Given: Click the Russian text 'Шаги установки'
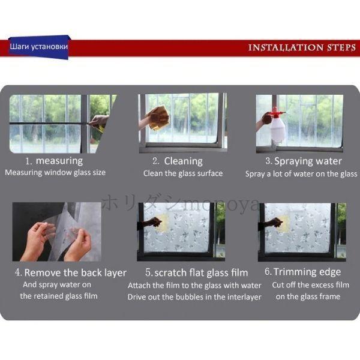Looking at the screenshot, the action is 39,47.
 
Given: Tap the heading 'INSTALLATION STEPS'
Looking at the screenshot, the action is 302,47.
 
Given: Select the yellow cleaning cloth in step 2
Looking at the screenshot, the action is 159,118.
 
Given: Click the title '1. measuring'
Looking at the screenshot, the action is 54,161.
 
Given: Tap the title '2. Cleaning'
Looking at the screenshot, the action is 178,161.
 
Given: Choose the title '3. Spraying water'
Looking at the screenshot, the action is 304,161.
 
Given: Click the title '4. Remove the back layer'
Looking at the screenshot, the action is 71,272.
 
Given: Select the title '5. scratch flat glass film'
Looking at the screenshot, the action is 197,272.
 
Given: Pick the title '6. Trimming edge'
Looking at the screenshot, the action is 302,272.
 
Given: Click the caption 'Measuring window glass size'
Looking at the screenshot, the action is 55,172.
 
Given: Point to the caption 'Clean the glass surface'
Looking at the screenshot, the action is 183,173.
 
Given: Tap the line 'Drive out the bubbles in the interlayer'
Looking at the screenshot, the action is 194,297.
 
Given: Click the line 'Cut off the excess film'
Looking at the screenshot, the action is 311,285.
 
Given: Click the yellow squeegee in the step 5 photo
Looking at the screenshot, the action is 163,221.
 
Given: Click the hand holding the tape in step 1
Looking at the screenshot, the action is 99,121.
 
